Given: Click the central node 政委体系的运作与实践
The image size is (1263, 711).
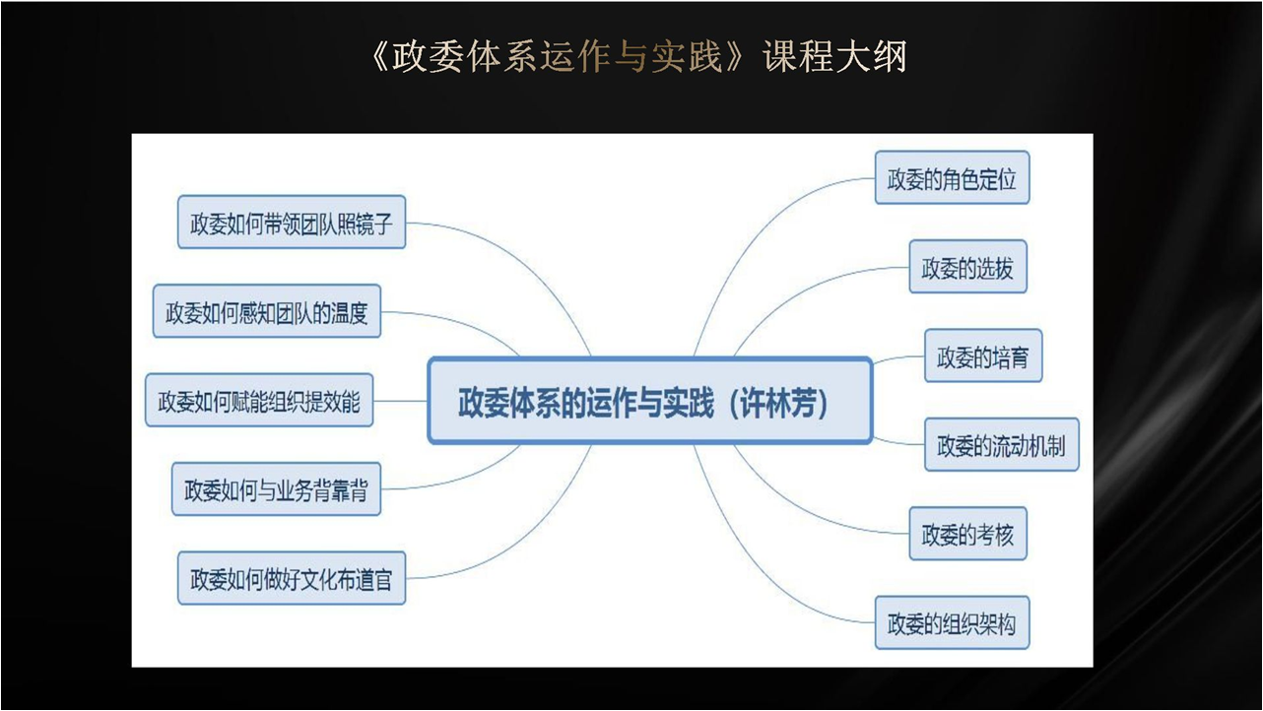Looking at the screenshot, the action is click(x=650, y=401).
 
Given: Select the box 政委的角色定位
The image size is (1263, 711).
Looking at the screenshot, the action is click(x=952, y=177).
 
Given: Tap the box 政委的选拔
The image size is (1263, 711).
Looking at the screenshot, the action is click(x=967, y=267).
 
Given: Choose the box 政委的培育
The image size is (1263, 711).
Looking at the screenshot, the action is click(x=983, y=355).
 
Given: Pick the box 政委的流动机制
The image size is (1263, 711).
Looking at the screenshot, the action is click(x=1001, y=444).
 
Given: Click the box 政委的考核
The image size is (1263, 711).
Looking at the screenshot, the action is click(x=967, y=534).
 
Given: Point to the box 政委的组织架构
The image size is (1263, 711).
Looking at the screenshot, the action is click(x=952, y=622).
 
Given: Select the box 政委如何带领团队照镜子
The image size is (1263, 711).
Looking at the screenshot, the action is click(x=292, y=222).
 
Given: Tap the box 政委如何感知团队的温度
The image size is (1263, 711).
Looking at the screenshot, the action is click(x=267, y=311).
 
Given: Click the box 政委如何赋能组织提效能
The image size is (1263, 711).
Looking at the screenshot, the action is click(x=259, y=400).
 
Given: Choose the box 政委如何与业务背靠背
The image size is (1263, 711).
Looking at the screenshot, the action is click(x=276, y=489).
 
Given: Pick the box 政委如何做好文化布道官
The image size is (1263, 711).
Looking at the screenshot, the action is click(x=292, y=578).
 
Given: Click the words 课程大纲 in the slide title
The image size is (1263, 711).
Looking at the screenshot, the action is click(x=834, y=56).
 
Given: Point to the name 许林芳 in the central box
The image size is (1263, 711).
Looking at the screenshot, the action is click(x=778, y=403).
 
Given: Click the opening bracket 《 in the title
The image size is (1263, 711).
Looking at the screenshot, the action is click(x=380, y=56).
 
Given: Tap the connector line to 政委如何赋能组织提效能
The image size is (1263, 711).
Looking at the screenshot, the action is click(x=400, y=401).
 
